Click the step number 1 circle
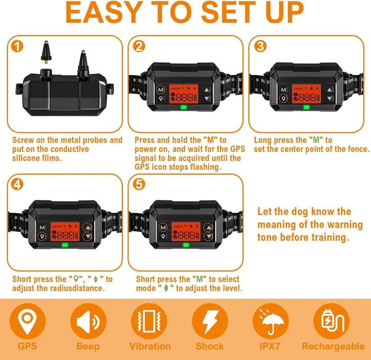(x=17, y=46)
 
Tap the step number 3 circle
(x=260, y=46)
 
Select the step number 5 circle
(x=139, y=184)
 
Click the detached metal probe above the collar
(x=46, y=52)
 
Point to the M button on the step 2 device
(x=161, y=90)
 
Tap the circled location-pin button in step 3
(x=284, y=98)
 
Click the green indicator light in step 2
(x=184, y=107)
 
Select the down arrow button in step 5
(x=208, y=236)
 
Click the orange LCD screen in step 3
(x=306, y=94)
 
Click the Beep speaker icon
(x=88, y=321)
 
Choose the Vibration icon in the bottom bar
(x=149, y=321)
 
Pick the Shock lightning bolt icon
(x=209, y=321)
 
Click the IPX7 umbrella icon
(x=271, y=321)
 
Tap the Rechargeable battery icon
(x=331, y=321)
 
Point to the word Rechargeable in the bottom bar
(x=333, y=347)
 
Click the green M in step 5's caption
(x=200, y=279)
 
